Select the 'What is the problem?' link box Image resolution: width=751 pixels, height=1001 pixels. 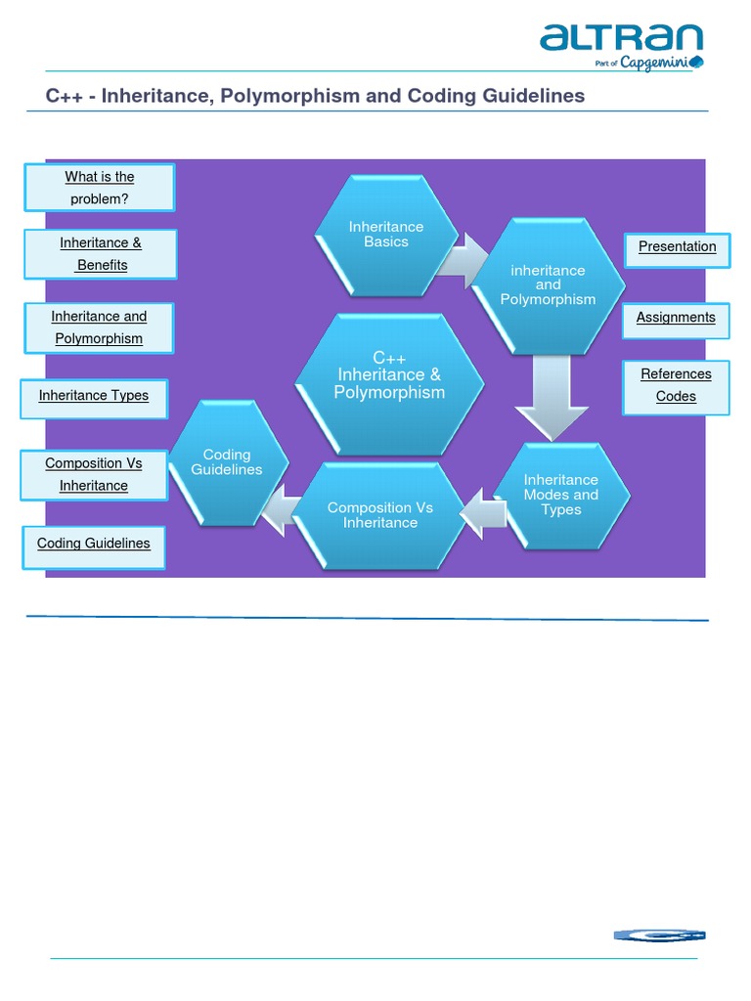pyautogui.click(x=100, y=188)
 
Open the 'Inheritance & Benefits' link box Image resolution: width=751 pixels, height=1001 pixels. pyautogui.click(x=101, y=254)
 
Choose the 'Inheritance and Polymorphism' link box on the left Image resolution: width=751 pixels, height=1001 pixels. pyautogui.click(x=99, y=327)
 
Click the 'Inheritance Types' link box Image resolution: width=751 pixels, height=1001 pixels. pyautogui.click(x=94, y=396)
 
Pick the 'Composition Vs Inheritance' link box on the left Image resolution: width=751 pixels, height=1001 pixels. pyautogui.click(x=94, y=475)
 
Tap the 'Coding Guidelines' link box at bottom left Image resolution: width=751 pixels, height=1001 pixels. pyautogui.click(x=94, y=544)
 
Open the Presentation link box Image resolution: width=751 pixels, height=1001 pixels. pyautogui.click(x=677, y=247)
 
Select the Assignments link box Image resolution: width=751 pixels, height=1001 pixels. pyautogui.click(x=676, y=318)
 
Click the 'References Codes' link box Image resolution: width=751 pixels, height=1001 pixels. pyautogui.click(x=676, y=385)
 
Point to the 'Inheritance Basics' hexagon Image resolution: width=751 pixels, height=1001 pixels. pyautogui.click(x=386, y=235)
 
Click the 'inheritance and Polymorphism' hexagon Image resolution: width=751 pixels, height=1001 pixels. pyautogui.click(x=548, y=284)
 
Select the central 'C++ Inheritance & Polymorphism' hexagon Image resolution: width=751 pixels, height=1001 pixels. pyautogui.click(x=389, y=376)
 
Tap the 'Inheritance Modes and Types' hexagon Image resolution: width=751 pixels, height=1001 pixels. pyautogui.click(x=560, y=495)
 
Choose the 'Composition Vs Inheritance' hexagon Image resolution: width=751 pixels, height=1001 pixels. pyautogui.click(x=380, y=515)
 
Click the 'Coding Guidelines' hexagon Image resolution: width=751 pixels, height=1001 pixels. pyautogui.click(x=227, y=462)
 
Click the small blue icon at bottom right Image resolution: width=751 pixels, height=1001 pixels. pyautogui.click(x=659, y=936)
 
